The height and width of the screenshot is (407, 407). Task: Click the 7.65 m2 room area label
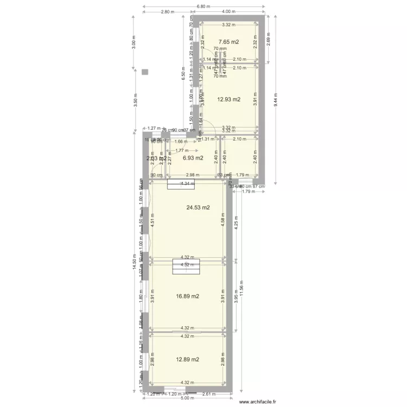point(228,42)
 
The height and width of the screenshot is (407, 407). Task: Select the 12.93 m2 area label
point(228,99)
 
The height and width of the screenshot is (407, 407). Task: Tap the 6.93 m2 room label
point(193,158)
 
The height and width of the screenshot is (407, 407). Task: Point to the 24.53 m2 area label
point(198,207)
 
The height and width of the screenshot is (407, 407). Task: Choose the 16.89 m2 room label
point(188,296)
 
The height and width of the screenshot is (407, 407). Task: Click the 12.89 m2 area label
point(188,359)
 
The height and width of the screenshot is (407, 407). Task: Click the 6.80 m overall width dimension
point(203,7)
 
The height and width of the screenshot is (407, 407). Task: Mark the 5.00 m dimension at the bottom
point(187,398)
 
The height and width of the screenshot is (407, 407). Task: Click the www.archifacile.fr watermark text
point(257,402)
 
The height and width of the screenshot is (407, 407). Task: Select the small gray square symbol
point(144,72)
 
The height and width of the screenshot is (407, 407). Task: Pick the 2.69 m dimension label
point(268,39)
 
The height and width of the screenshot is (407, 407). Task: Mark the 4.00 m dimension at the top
point(228,12)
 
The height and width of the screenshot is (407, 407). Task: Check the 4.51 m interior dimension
point(153,221)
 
